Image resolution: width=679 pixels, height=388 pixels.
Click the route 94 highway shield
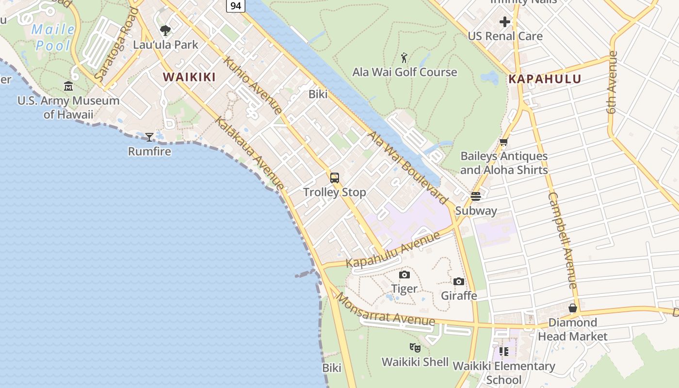click(x=236, y=5)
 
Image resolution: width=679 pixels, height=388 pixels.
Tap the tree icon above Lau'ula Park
click(x=165, y=31)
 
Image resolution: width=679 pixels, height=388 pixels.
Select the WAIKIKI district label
click(x=189, y=77)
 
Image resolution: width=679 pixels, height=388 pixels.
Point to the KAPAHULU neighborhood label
click(x=545, y=79)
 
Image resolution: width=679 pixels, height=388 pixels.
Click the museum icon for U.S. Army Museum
click(x=68, y=87)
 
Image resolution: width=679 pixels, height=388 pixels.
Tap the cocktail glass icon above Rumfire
click(x=149, y=137)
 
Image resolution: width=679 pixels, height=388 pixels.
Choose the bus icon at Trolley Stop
click(x=335, y=178)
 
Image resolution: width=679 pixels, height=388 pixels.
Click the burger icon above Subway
click(x=475, y=196)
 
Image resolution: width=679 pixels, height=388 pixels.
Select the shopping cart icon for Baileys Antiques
click(x=503, y=142)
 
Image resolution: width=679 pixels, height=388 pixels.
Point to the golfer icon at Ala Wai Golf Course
click(x=404, y=58)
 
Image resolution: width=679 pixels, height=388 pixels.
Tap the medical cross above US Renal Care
click(x=505, y=22)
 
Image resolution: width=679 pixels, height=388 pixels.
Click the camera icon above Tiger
click(x=404, y=275)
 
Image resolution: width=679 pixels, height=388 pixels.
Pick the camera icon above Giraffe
click(x=459, y=281)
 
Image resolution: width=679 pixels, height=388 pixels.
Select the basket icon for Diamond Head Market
click(x=573, y=308)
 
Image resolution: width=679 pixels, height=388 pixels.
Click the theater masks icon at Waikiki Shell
click(x=415, y=347)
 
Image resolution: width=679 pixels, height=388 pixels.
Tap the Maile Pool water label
click(x=53, y=37)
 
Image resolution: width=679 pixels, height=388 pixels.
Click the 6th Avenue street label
click(x=613, y=82)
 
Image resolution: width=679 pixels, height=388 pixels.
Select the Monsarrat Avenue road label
click(x=386, y=310)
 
